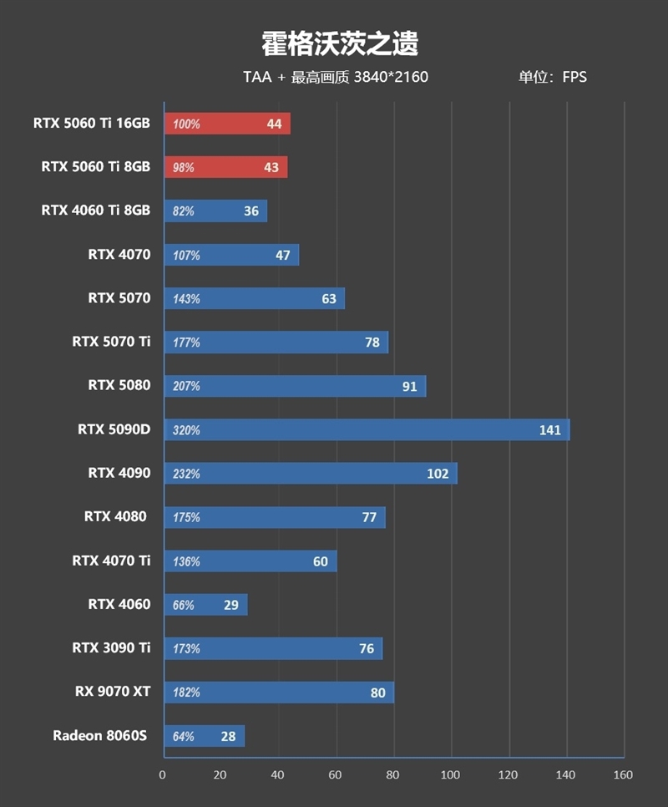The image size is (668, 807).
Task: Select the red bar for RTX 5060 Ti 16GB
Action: click(x=227, y=124)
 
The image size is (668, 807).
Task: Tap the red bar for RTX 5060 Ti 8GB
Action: click(x=225, y=167)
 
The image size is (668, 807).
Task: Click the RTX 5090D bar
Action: click(x=367, y=430)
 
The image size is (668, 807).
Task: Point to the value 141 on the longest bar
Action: click(x=549, y=430)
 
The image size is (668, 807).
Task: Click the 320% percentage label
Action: click(x=186, y=431)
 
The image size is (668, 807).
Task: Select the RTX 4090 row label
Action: click(x=119, y=474)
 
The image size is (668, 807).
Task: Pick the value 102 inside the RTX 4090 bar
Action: click(x=438, y=474)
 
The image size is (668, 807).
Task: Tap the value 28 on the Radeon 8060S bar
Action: click(x=228, y=737)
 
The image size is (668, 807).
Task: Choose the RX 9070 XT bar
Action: click(x=279, y=693)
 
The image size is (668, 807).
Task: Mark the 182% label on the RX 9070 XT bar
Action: click(x=186, y=693)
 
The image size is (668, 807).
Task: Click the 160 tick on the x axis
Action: click(x=623, y=774)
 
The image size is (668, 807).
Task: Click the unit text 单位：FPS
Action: click(x=552, y=78)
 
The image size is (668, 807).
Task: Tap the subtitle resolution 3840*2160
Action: click(x=391, y=78)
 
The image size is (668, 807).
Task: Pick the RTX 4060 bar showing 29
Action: click(x=205, y=605)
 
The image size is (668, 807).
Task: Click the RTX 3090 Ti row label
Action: click(x=111, y=648)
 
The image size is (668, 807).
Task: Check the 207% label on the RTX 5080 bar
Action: click(x=186, y=387)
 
